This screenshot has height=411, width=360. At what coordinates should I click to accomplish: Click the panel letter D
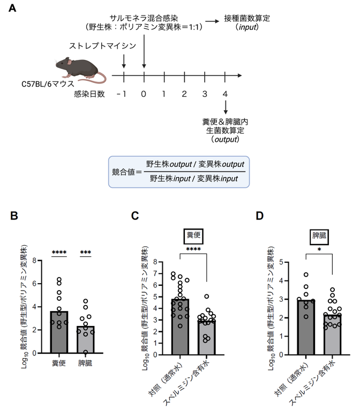[260, 216]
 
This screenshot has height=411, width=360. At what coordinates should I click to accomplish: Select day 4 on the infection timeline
[226, 95]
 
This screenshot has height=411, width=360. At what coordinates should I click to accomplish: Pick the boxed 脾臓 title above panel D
[319, 235]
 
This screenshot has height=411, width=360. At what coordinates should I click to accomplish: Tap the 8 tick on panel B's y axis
[34, 261]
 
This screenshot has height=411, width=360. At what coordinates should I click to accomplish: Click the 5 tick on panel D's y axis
[281, 262]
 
